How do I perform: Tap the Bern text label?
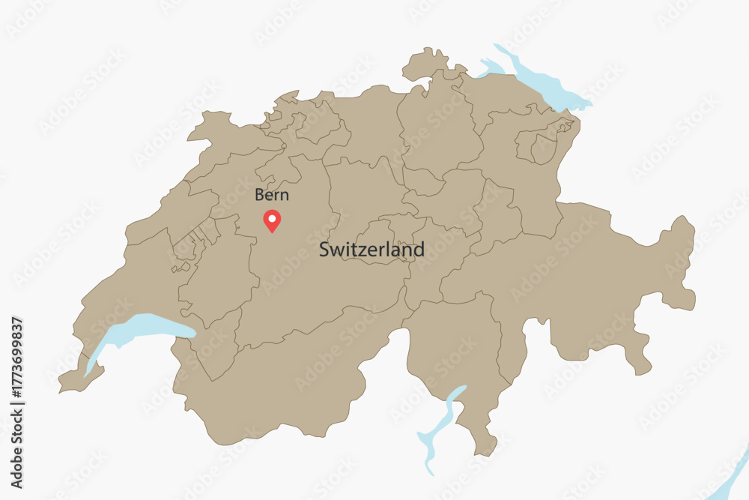coord(272,196)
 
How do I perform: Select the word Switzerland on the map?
coord(372,250)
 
